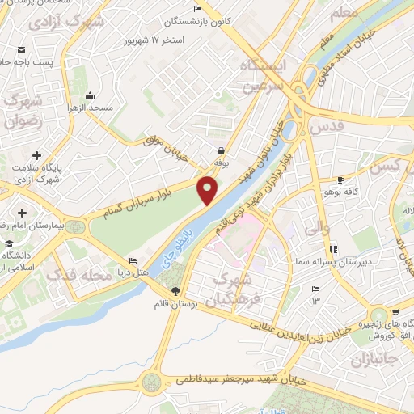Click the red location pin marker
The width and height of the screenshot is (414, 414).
[208, 189]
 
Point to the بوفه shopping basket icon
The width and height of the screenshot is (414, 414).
[220, 150]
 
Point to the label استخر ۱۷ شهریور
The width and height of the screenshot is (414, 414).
[154, 40]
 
